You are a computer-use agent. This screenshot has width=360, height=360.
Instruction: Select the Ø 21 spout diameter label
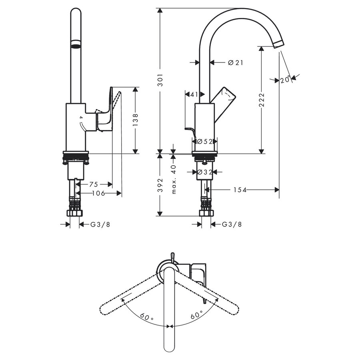(x=236, y=62)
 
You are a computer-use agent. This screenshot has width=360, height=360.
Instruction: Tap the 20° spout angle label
(x=285, y=80)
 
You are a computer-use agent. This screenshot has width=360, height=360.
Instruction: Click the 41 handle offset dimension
(x=194, y=94)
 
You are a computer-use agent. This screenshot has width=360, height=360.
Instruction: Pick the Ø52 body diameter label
(x=204, y=141)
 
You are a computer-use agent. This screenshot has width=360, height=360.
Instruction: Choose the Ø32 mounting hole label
(x=204, y=172)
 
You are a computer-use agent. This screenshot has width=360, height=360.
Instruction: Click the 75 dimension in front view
(x=93, y=184)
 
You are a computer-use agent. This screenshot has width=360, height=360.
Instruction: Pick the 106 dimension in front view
(x=98, y=194)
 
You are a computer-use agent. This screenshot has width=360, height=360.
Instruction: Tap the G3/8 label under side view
(x=232, y=225)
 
